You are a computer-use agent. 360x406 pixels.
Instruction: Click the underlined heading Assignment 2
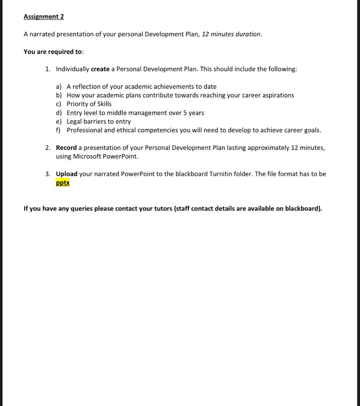[x=44, y=17]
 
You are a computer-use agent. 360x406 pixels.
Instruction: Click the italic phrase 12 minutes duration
[x=232, y=34]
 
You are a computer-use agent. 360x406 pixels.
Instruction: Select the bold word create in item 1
[x=100, y=69]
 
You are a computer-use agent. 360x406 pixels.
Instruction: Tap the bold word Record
[x=66, y=147]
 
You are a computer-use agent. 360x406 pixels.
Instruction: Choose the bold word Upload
[x=67, y=174]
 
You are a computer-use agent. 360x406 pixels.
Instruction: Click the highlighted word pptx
[x=63, y=183]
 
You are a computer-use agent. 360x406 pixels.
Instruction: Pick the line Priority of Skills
[x=89, y=104]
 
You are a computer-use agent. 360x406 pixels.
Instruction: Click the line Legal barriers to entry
[x=98, y=121]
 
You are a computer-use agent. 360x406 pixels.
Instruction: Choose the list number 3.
[x=48, y=174]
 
